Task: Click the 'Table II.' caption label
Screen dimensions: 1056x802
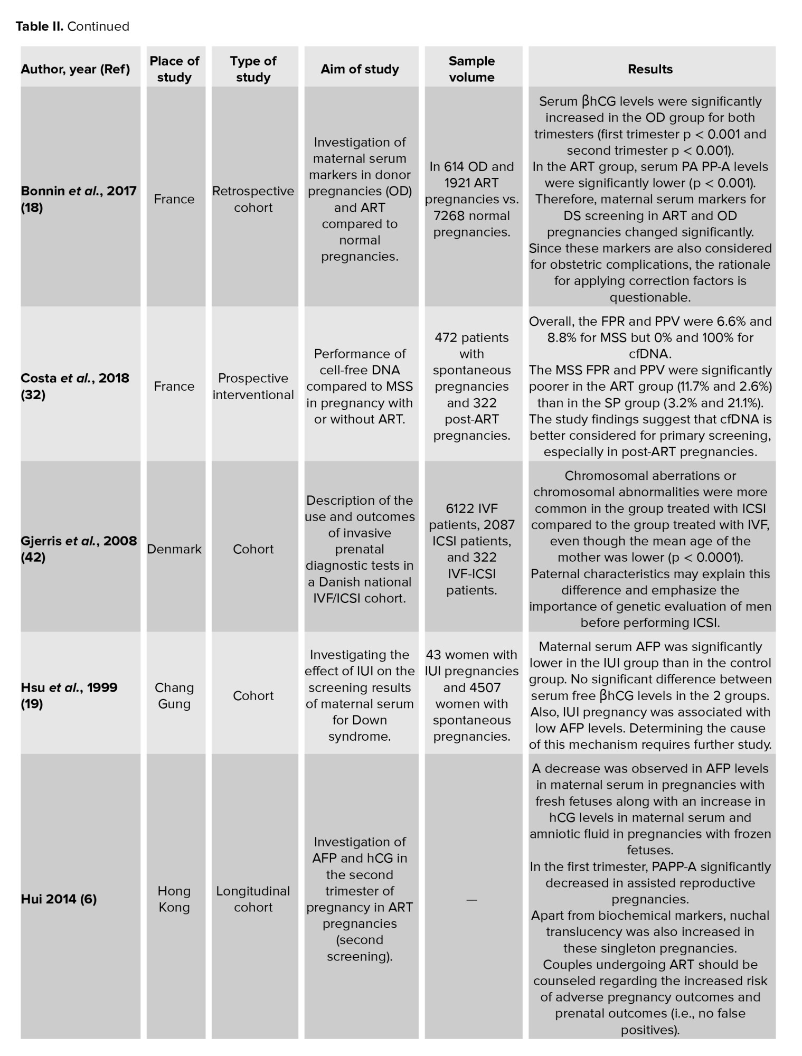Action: [39, 26]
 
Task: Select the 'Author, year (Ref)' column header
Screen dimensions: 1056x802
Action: [75, 69]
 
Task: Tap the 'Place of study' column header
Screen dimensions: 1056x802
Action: [174, 69]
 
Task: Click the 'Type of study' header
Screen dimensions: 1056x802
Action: [253, 69]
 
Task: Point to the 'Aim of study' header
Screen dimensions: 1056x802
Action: [360, 69]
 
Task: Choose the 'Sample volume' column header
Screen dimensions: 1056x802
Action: [471, 69]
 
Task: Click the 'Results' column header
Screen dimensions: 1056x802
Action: [650, 69]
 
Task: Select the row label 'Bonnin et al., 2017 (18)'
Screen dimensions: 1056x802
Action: [78, 199]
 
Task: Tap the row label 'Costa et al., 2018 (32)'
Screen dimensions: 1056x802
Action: [74, 386]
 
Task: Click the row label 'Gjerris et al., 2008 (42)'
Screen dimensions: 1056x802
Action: [78, 549]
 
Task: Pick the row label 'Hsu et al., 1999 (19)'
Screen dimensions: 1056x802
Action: [69, 695]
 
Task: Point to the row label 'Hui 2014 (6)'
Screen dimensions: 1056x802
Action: [59, 899]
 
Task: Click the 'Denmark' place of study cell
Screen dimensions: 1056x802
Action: [174, 549]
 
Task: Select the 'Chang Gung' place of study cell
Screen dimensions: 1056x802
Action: [174, 695]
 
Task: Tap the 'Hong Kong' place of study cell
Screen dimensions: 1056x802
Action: [174, 899]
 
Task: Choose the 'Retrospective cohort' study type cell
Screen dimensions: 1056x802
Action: [253, 199]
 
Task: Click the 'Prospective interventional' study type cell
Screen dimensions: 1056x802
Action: [253, 386]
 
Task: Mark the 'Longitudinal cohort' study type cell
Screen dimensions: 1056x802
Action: [253, 899]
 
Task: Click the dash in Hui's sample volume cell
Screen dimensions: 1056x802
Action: [471, 899]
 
